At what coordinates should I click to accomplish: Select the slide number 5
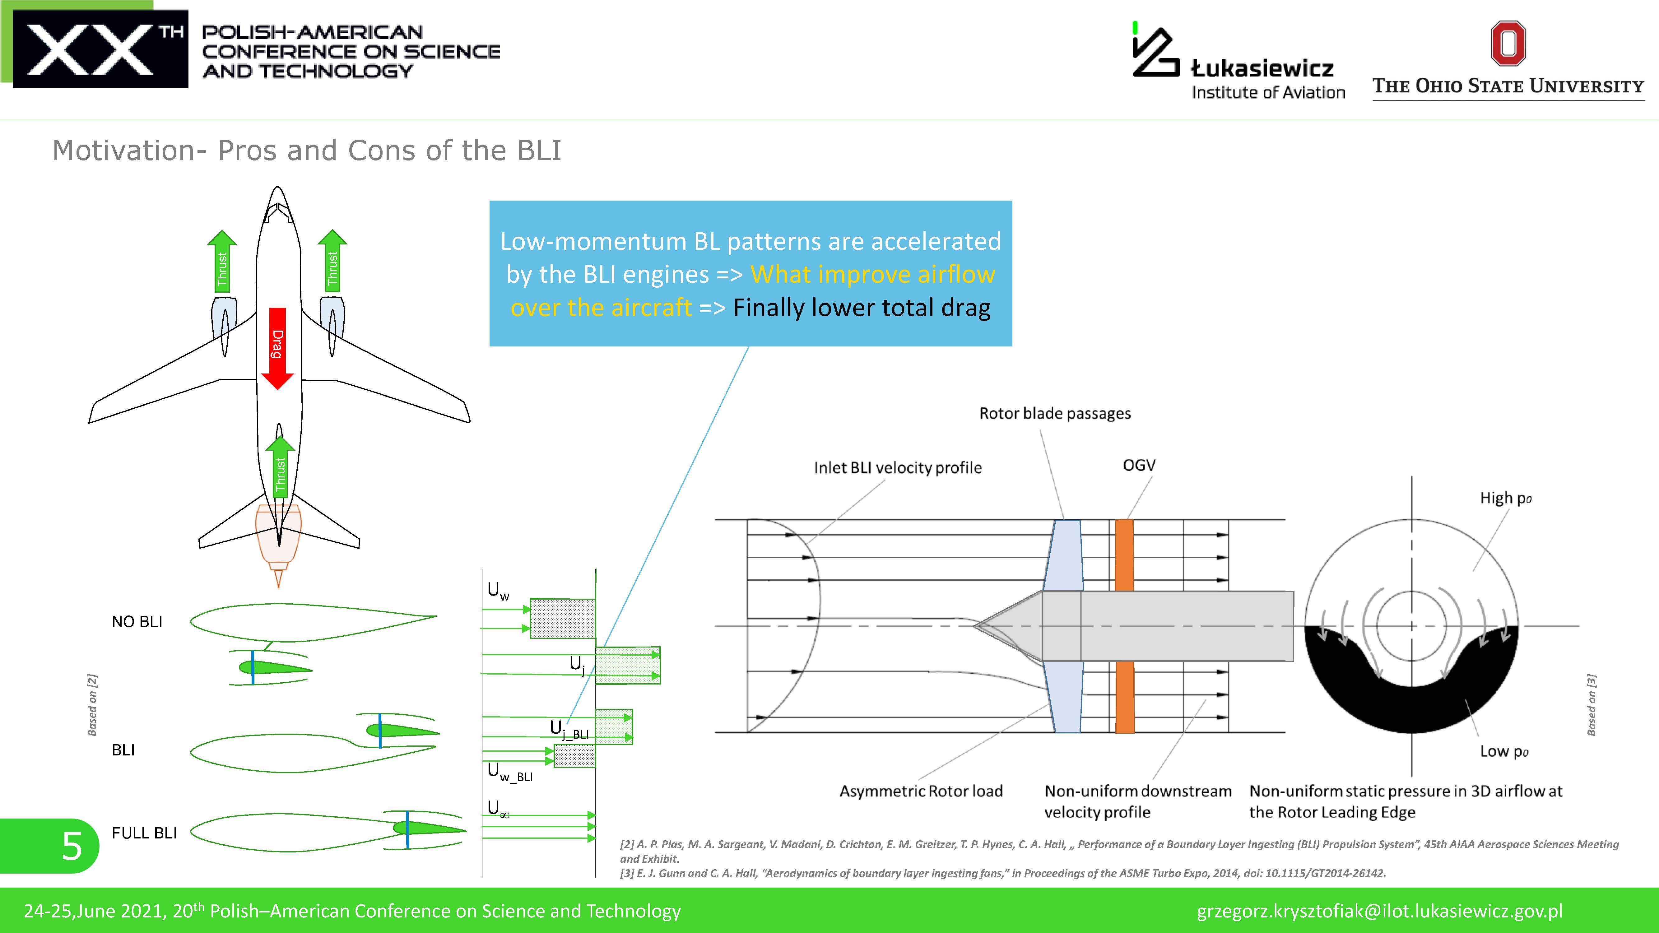click(72, 845)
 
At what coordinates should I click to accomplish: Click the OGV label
click(1139, 465)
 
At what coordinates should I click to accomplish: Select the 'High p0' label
click(1505, 498)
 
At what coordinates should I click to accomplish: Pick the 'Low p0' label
click(1503, 751)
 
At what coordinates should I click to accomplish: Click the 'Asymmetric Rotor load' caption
click(921, 791)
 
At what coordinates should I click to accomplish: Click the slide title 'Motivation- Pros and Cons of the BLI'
click(307, 151)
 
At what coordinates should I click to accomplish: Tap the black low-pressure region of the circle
click(1410, 702)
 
